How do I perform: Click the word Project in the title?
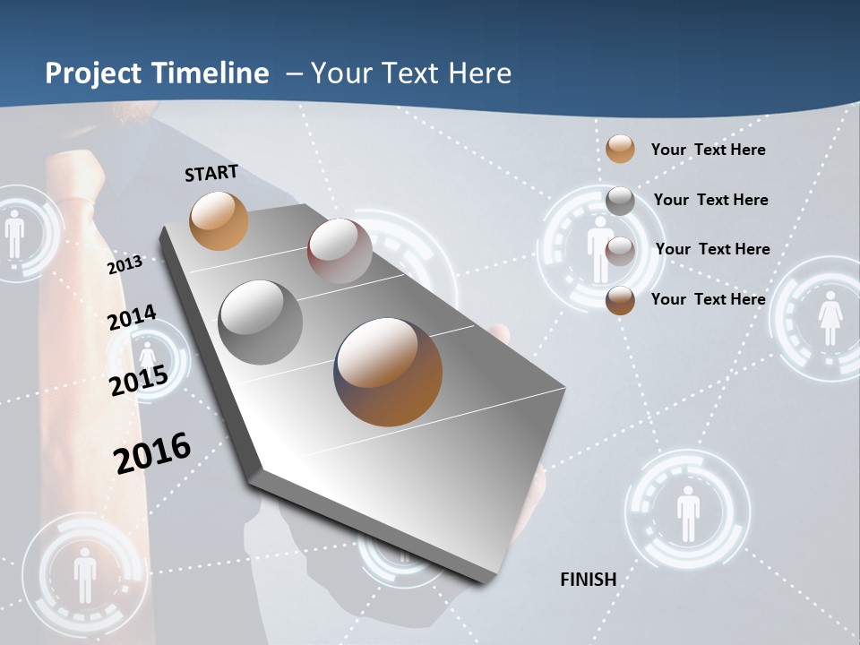point(91,73)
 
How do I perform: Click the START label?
point(211,173)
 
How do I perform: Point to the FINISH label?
point(589,580)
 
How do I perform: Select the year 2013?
point(125,265)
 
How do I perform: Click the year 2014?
point(132,318)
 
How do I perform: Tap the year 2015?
point(138,380)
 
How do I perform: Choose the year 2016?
point(152,453)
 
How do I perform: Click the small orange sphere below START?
point(219,220)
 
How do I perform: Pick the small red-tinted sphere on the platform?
point(340,251)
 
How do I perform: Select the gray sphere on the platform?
point(260,322)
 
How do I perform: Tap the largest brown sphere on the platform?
point(388,371)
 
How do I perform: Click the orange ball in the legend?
point(620,149)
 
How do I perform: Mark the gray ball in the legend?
point(620,201)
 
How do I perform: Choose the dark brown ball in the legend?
point(620,300)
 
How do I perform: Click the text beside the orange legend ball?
point(708,150)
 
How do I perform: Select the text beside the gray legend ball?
point(710,200)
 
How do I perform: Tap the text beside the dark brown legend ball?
point(708,299)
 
